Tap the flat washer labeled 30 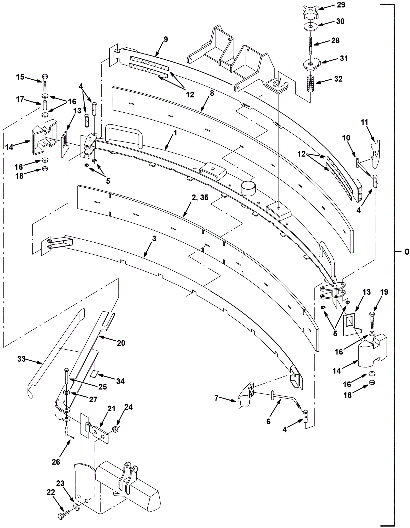(310, 27)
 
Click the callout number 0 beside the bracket (407, 252)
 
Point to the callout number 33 (21, 359)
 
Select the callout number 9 (166, 39)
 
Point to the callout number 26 (56, 461)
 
